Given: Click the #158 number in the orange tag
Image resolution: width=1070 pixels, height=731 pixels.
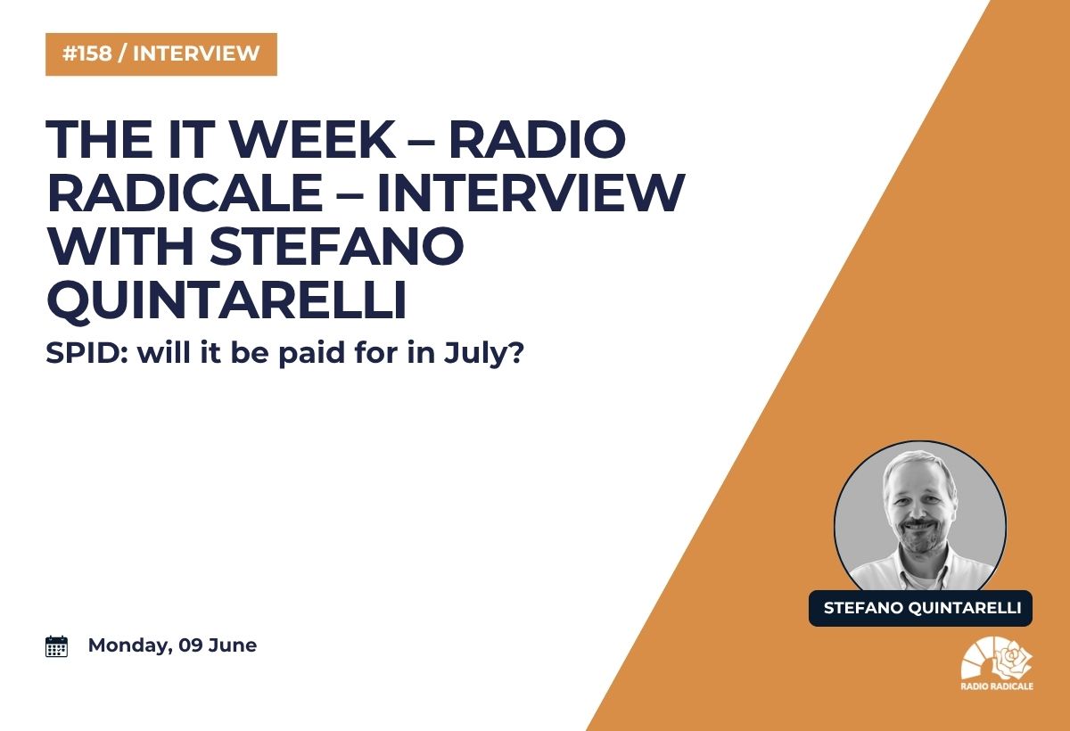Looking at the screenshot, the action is click(87, 53).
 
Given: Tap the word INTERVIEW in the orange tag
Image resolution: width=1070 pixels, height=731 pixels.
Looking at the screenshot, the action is click(196, 53).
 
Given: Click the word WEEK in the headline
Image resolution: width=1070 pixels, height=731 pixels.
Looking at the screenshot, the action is click(313, 139).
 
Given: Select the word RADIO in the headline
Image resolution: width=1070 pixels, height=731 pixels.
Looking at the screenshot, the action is click(538, 139).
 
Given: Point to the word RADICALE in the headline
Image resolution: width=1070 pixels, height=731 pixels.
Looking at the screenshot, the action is click(185, 193).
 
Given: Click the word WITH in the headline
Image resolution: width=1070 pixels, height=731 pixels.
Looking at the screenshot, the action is click(119, 245).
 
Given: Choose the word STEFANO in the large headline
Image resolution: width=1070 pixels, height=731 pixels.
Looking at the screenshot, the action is click(337, 245).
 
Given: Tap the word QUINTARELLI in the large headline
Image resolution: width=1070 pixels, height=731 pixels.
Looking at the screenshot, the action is click(226, 300).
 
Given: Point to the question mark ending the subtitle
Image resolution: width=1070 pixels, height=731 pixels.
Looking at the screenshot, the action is click(515, 353).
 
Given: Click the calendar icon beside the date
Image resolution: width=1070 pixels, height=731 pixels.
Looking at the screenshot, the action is click(56, 646).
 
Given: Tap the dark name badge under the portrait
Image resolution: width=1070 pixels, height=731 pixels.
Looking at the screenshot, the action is click(920, 608).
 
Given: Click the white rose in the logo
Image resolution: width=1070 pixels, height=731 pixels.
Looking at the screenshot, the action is click(1012, 661).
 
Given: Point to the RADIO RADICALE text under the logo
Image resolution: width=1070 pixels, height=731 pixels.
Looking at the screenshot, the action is click(997, 686).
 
